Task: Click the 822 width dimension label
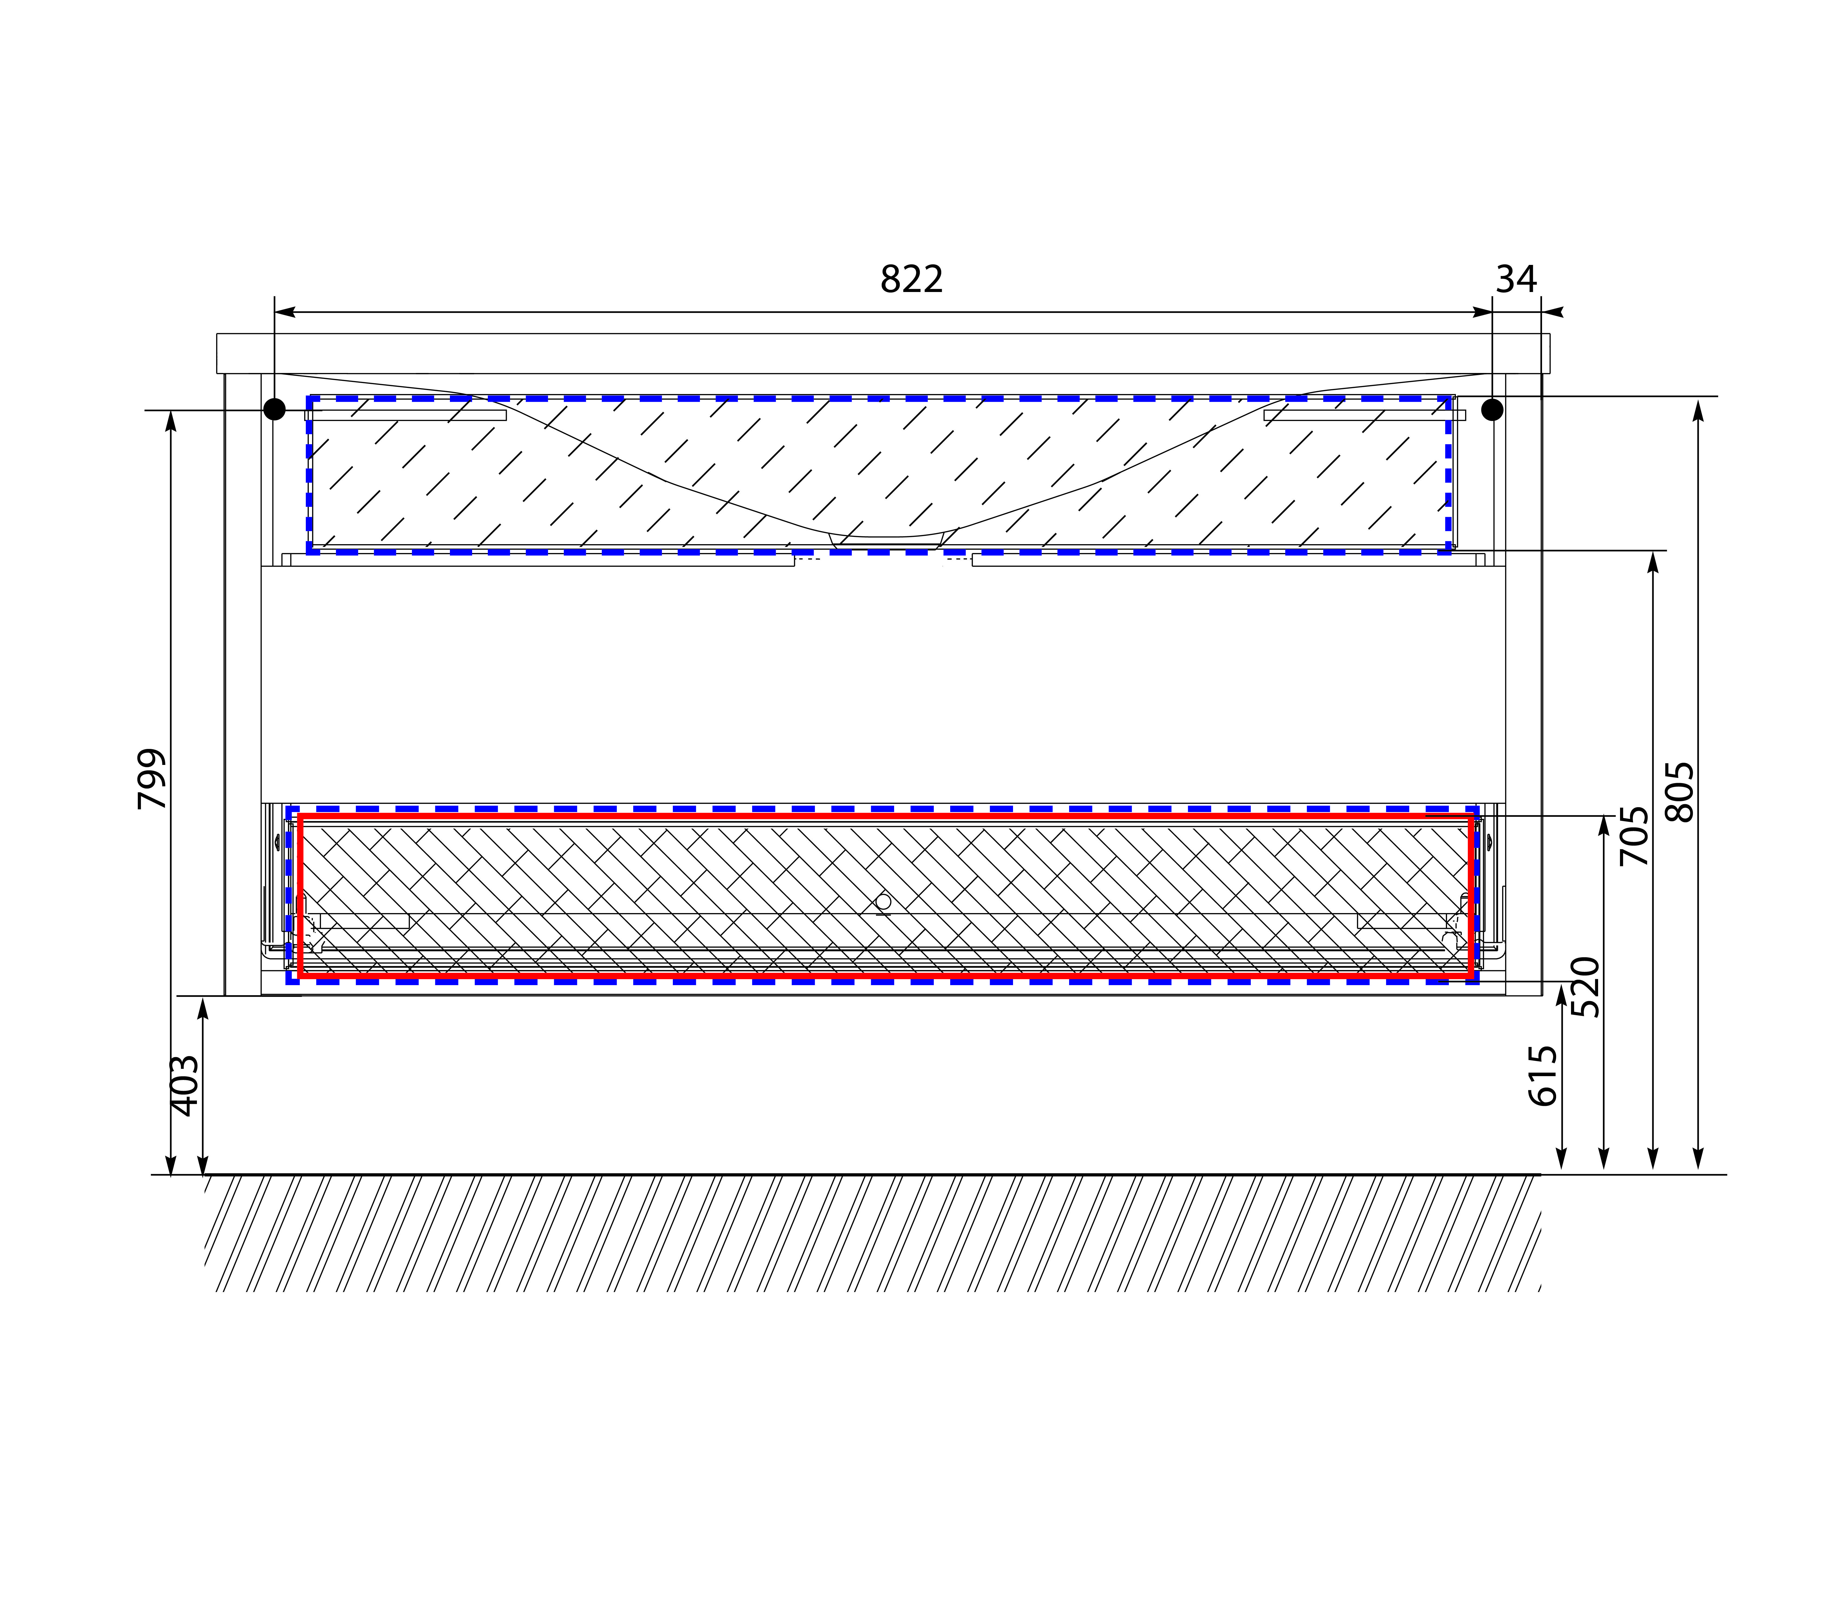[911, 279]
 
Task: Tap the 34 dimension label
[1516, 279]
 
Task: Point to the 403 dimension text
[185, 1085]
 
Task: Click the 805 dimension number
[1679, 791]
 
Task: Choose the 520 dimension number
[1586, 987]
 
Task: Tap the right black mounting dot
[1492, 410]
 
